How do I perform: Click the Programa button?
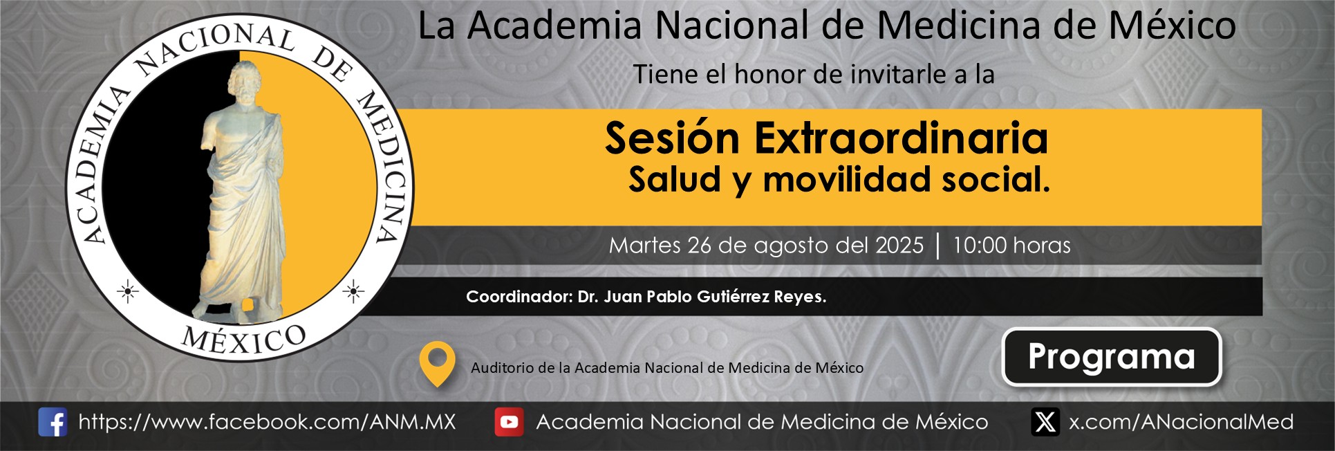(1112, 357)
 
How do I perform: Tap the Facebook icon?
(53, 422)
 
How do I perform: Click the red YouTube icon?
(509, 422)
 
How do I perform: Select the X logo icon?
(1045, 422)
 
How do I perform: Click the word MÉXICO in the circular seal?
(244, 339)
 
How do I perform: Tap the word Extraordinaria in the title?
(901, 138)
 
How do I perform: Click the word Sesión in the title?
(673, 138)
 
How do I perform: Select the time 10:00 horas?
(1011, 246)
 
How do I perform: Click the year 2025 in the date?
(899, 246)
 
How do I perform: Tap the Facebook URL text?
(267, 422)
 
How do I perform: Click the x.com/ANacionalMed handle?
(1181, 422)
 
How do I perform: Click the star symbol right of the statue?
(353, 292)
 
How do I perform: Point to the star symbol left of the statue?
(127, 292)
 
